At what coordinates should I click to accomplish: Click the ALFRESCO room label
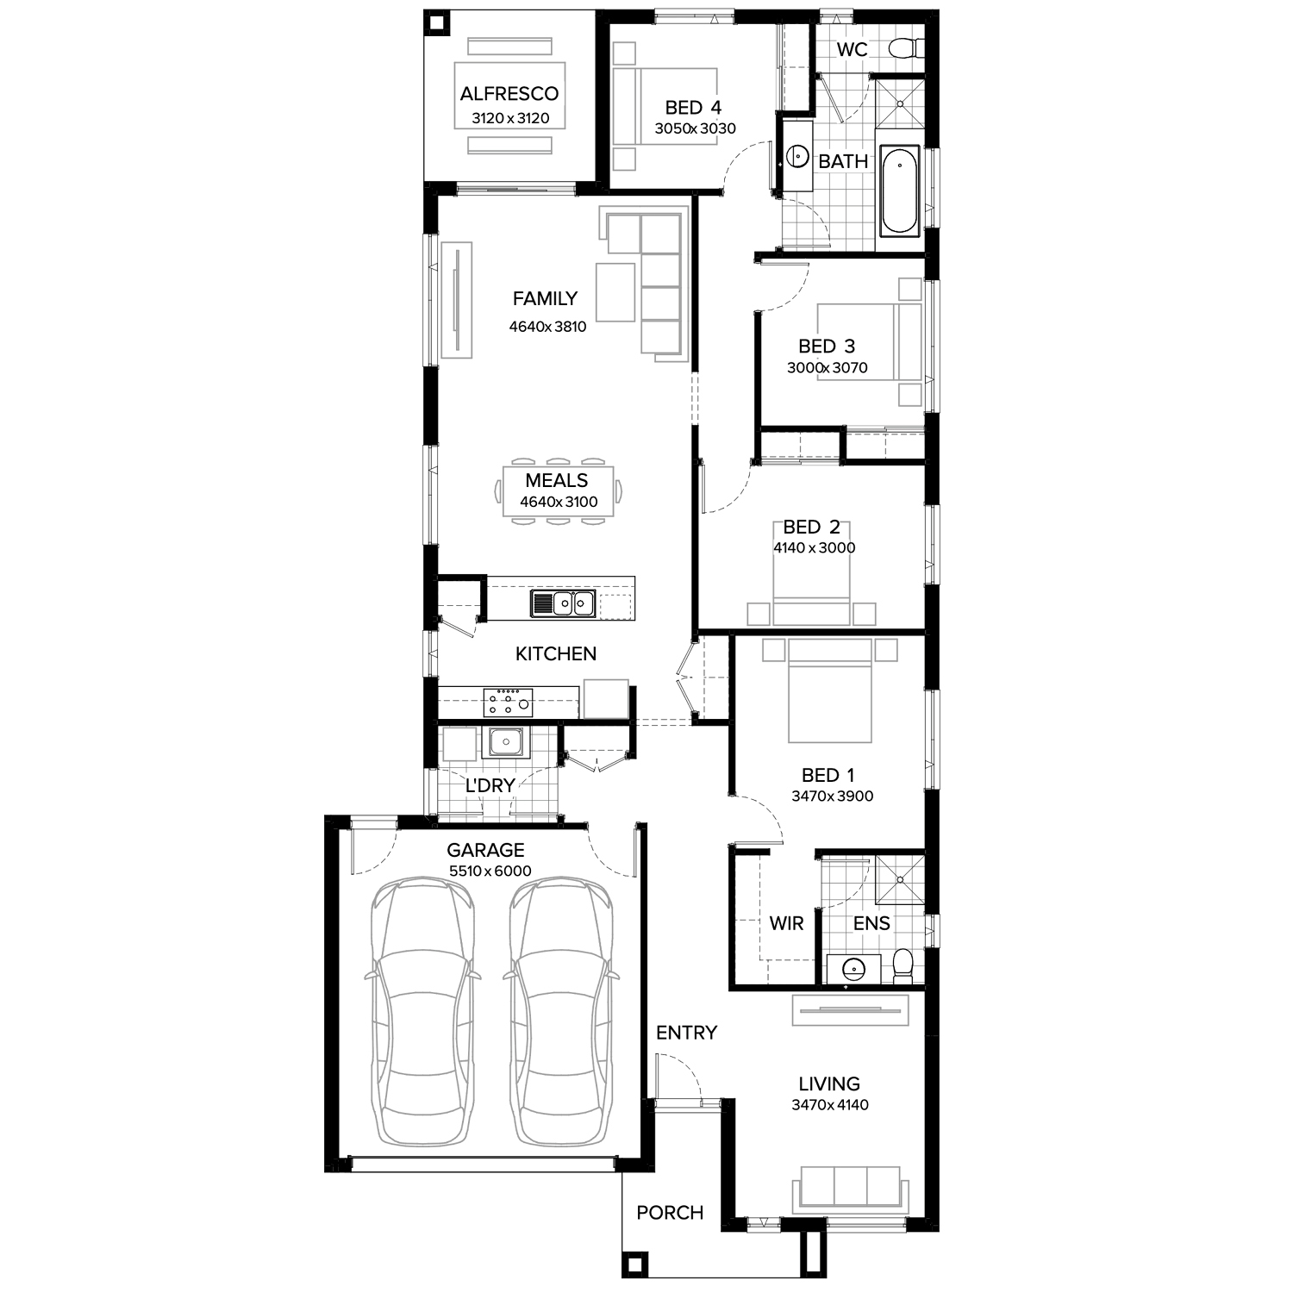(x=509, y=93)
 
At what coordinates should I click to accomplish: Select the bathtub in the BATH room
(x=900, y=191)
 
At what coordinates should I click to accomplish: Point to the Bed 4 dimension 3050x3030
(x=695, y=129)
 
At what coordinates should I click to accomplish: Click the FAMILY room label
(x=545, y=299)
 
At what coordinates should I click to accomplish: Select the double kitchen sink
(x=564, y=603)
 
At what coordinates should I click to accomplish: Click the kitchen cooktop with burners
(x=508, y=702)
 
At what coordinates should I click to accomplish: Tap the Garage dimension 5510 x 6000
(x=490, y=871)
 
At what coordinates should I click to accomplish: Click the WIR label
(x=786, y=924)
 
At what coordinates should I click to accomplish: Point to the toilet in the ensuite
(x=903, y=966)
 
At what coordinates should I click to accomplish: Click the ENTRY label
(x=686, y=1033)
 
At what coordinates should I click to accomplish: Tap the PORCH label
(x=670, y=1213)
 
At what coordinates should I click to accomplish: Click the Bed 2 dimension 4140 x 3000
(x=814, y=548)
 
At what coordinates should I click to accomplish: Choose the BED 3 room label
(x=827, y=347)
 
